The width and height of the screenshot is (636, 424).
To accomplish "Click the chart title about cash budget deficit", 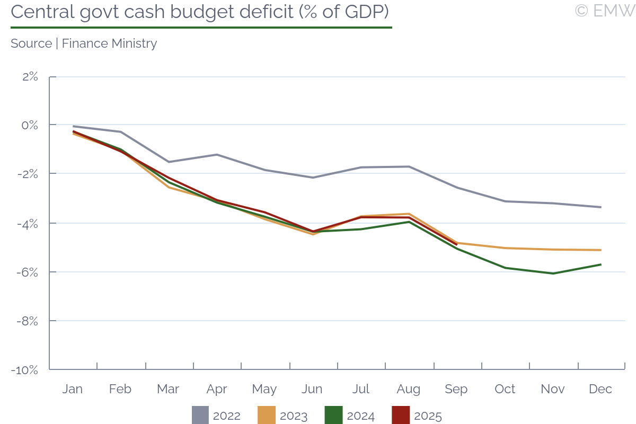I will [201, 12].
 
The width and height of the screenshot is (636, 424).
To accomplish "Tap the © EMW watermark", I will [604, 11].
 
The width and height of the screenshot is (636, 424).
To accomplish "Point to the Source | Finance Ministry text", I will [84, 43].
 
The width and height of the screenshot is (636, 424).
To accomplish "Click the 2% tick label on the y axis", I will [30, 77].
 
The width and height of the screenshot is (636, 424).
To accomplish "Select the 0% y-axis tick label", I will [30, 125].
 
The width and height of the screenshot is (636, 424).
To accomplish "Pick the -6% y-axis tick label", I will [28, 272].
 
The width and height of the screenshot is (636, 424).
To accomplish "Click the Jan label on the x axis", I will [73, 389].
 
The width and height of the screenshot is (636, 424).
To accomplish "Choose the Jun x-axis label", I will [312, 389].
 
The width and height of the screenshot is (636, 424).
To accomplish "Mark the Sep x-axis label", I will [456, 389].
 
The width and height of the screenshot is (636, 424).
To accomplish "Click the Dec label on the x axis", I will [600, 389].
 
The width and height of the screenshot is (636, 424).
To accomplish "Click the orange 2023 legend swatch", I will [267, 416].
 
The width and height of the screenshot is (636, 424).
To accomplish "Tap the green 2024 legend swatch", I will [333, 416].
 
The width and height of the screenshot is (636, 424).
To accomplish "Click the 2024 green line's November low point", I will [553, 273].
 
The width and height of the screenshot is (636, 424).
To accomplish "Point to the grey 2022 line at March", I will [169, 162].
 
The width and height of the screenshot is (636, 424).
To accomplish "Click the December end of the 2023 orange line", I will [600, 250].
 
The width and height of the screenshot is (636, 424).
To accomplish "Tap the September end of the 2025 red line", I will [456, 244].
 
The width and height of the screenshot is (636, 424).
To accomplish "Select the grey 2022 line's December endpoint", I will [600, 207].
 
